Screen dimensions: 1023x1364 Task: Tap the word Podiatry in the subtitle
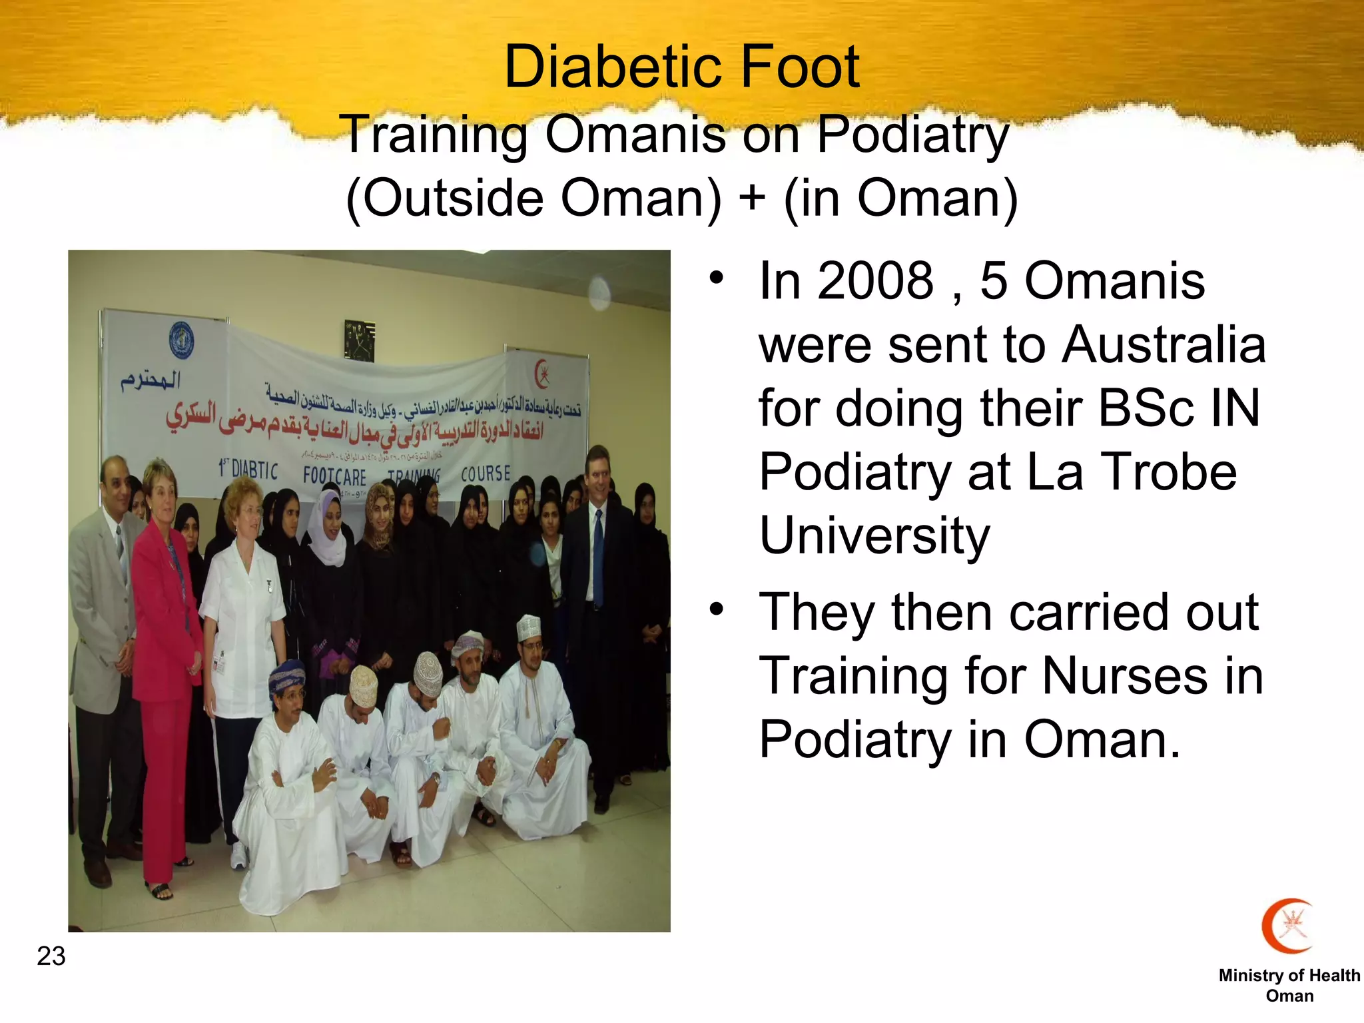tap(912, 135)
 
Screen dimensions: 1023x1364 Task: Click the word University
tap(874, 535)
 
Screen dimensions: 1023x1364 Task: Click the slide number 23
tap(51, 956)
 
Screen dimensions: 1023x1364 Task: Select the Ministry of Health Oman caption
tap(1289, 985)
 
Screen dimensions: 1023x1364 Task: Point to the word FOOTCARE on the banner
tap(334, 476)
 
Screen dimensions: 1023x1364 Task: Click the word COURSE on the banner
tap(486, 473)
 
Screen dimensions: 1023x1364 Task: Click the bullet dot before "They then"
tap(716, 609)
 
